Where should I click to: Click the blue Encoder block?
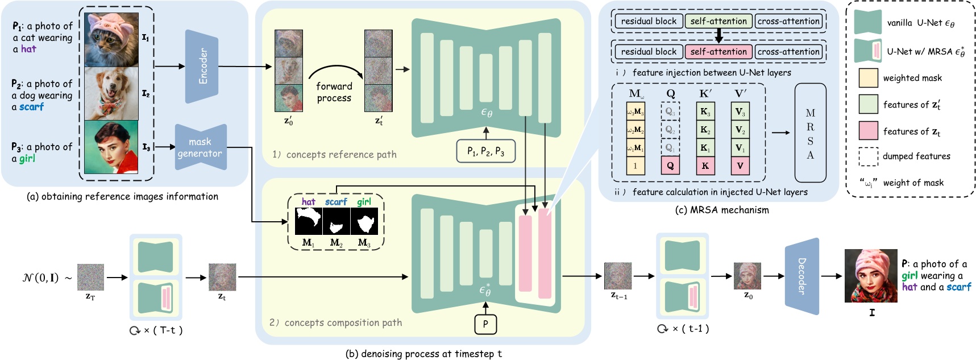[202, 67]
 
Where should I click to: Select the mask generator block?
[200, 147]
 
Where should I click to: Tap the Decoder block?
[801, 276]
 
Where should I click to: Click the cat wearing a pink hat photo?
[111, 39]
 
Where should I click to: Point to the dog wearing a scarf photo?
[111, 93]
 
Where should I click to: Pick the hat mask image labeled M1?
[308, 221]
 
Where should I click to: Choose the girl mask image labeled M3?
[364, 221]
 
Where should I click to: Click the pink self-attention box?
[718, 52]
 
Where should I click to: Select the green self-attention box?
[718, 22]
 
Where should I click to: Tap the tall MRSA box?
[810, 133]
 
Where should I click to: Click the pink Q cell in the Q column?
[670, 166]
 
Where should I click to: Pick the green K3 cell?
[705, 111]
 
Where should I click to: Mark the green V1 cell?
[740, 148]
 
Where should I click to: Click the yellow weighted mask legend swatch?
[868, 78]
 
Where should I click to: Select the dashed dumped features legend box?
[868, 156]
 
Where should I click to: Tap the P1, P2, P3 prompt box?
[485, 151]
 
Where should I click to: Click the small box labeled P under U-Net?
[485, 324]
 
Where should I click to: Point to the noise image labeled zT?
[90, 278]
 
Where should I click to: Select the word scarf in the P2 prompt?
[31, 107]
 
